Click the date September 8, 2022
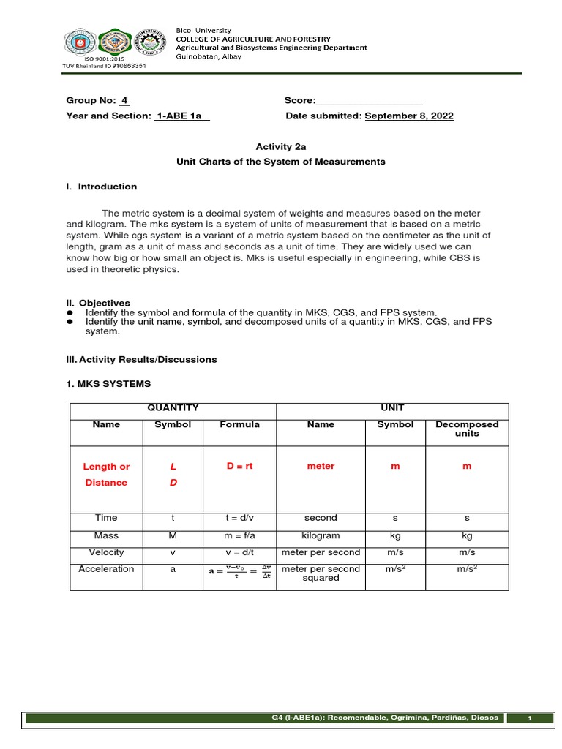point(408,116)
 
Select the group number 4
point(124,101)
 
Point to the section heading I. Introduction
point(101,187)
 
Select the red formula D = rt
point(239,466)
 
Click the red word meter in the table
point(321,466)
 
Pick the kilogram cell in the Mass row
point(321,535)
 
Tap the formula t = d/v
point(239,518)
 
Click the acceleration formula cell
point(239,571)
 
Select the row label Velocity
point(106,552)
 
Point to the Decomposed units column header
point(466,429)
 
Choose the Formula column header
point(239,424)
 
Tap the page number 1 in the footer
point(532,719)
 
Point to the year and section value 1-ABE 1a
point(181,116)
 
